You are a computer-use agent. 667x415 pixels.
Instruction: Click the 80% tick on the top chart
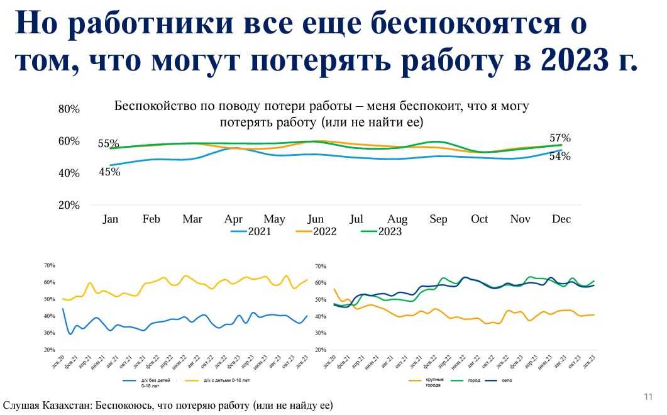[x=69, y=109]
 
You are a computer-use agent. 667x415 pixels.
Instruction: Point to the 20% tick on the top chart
[x=69, y=206]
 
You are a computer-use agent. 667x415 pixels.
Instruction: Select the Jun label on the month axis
[x=315, y=219]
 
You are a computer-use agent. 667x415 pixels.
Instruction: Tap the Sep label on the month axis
[x=438, y=219]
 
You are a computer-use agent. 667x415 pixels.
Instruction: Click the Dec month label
[x=561, y=219]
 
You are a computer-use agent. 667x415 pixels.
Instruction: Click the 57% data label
[x=560, y=138]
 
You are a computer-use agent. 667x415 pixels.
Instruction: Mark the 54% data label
[x=560, y=157]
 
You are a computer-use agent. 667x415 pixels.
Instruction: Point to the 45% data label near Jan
[x=109, y=171]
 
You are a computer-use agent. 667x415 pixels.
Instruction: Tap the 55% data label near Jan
[x=108, y=144]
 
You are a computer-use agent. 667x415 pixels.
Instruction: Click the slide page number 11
[x=648, y=397]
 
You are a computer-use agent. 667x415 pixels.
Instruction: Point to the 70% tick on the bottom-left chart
[x=50, y=265]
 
